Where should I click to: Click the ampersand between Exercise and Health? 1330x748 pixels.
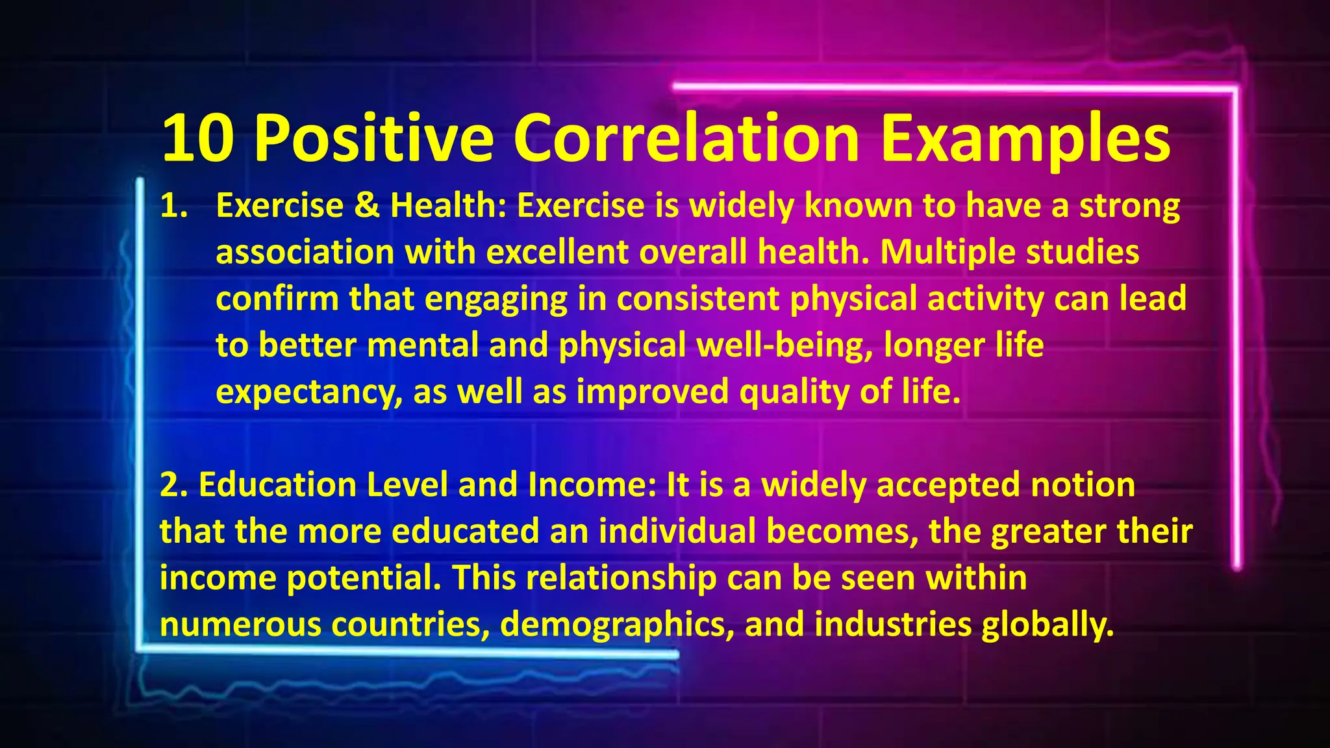367,206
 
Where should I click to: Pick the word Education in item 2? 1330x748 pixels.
277,485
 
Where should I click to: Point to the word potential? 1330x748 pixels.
364,578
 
